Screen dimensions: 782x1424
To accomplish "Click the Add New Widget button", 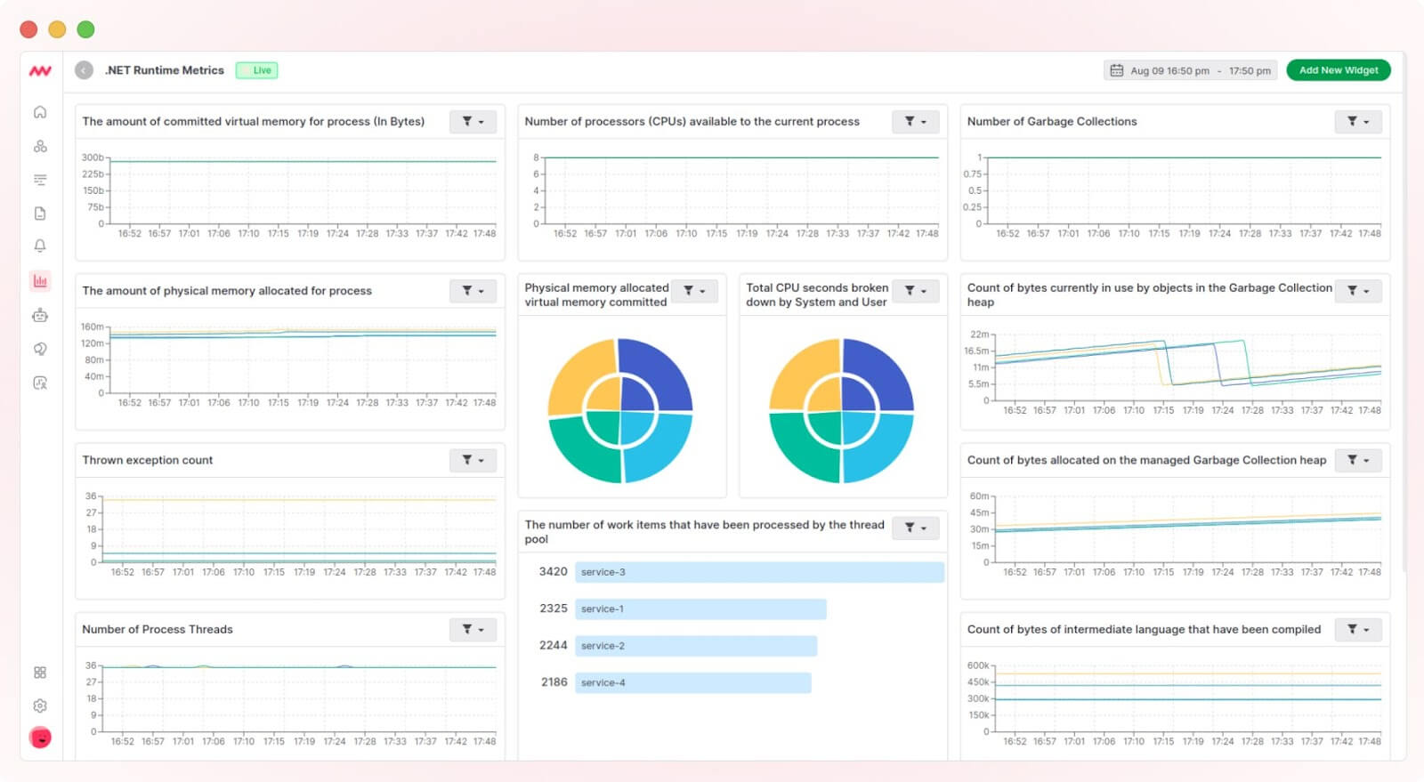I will [1338, 70].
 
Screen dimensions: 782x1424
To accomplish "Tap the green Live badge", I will [257, 70].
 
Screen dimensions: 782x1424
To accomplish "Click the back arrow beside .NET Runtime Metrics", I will [84, 70].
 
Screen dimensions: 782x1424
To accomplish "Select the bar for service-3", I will [758, 572].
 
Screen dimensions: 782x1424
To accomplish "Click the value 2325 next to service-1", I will [553, 609].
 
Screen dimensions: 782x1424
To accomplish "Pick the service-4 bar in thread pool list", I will [692, 682].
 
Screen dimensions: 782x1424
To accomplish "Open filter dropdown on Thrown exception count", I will [473, 460].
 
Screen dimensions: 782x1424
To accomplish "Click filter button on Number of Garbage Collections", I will [1357, 122].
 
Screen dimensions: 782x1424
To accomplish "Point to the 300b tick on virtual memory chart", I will [93, 157].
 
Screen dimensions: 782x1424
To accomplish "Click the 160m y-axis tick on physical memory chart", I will [93, 327].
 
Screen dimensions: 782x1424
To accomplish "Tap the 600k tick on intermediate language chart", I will [978, 665].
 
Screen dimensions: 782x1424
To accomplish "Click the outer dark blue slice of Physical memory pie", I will [663, 372].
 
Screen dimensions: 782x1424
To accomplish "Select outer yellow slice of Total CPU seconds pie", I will [797, 372].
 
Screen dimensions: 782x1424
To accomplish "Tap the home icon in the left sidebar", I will [40, 112].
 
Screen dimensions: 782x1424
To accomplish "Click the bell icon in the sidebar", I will [40, 246].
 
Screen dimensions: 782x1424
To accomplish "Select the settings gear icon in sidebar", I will [40, 705].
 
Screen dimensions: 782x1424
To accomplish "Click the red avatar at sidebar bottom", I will [40, 738].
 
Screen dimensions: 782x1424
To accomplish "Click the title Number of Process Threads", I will [158, 629].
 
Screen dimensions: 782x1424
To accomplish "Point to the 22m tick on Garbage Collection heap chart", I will [979, 335].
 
